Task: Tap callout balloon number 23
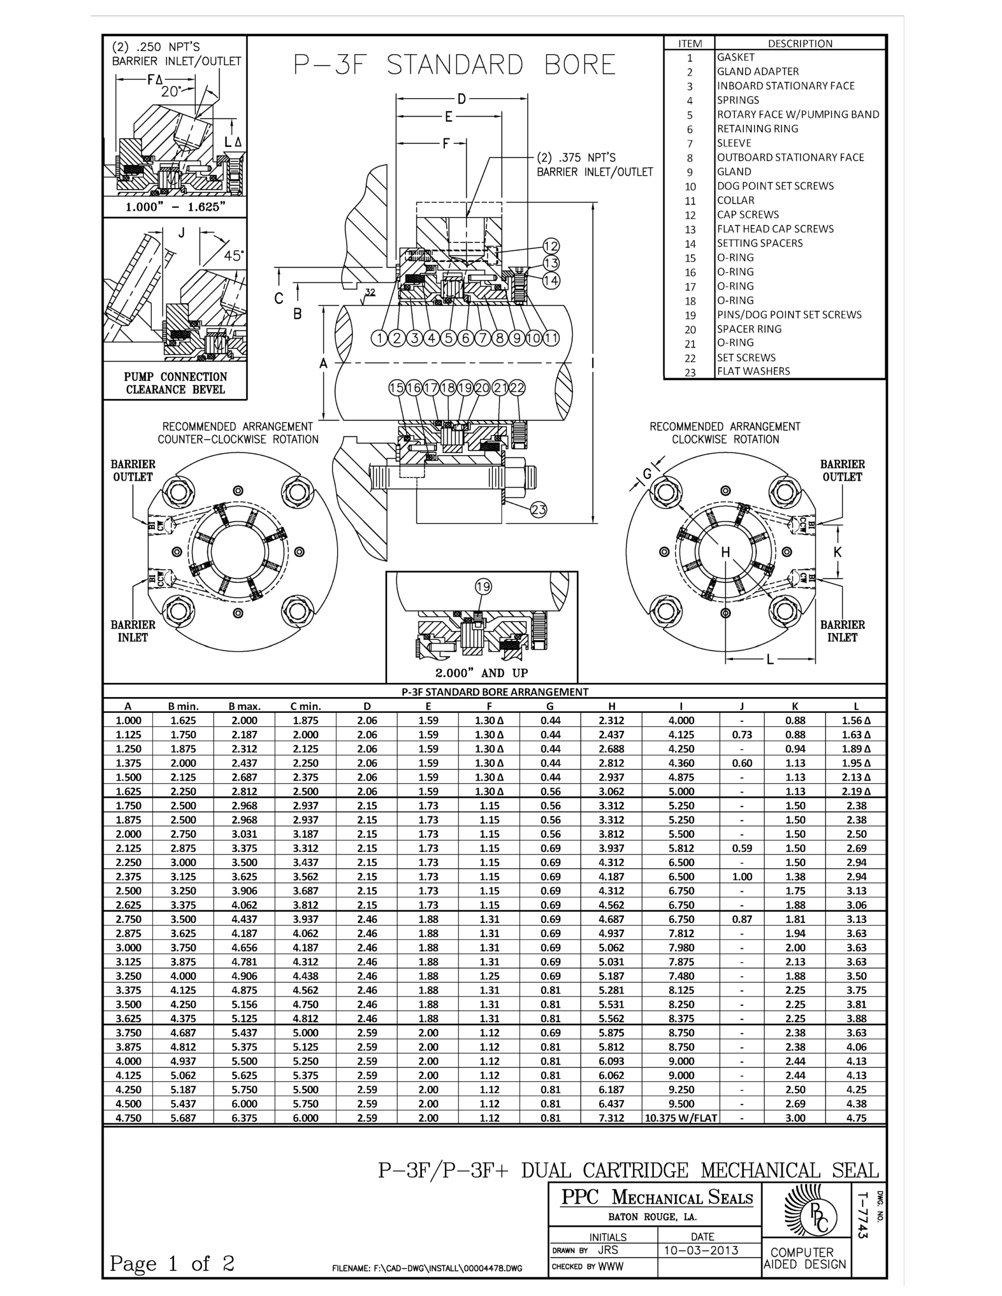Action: pyautogui.click(x=538, y=509)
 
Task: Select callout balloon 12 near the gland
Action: pyautogui.click(x=551, y=246)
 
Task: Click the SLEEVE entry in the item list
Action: pyautogui.click(x=734, y=143)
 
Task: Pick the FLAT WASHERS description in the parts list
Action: pyautogui.click(x=754, y=371)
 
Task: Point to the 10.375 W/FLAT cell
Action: pyautogui.click(x=681, y=1118)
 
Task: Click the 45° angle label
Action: pyautogui.click(x=234, y=256)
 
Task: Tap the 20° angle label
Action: pyautogui.click(x=171, y=92)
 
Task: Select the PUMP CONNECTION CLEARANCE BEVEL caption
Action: pyautogui.click(x=175, y=383)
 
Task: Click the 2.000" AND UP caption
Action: pyautogui.click(x=481, y=673)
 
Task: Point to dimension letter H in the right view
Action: pyautogui.click(x=725, y=552)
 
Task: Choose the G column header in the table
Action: pyautogui.click(x=550, y=706)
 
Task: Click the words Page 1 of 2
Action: pyautogui.click(x=172, y=1263)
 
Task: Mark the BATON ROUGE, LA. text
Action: pyautogui.click(x=652, y=1217)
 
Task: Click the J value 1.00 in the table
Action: pyautogui.click(x=741, y=877)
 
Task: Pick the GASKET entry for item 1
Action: pyautogui.click(x=735, y=58)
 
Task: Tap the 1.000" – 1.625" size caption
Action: pyautogui.click(x=175, y=207)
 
